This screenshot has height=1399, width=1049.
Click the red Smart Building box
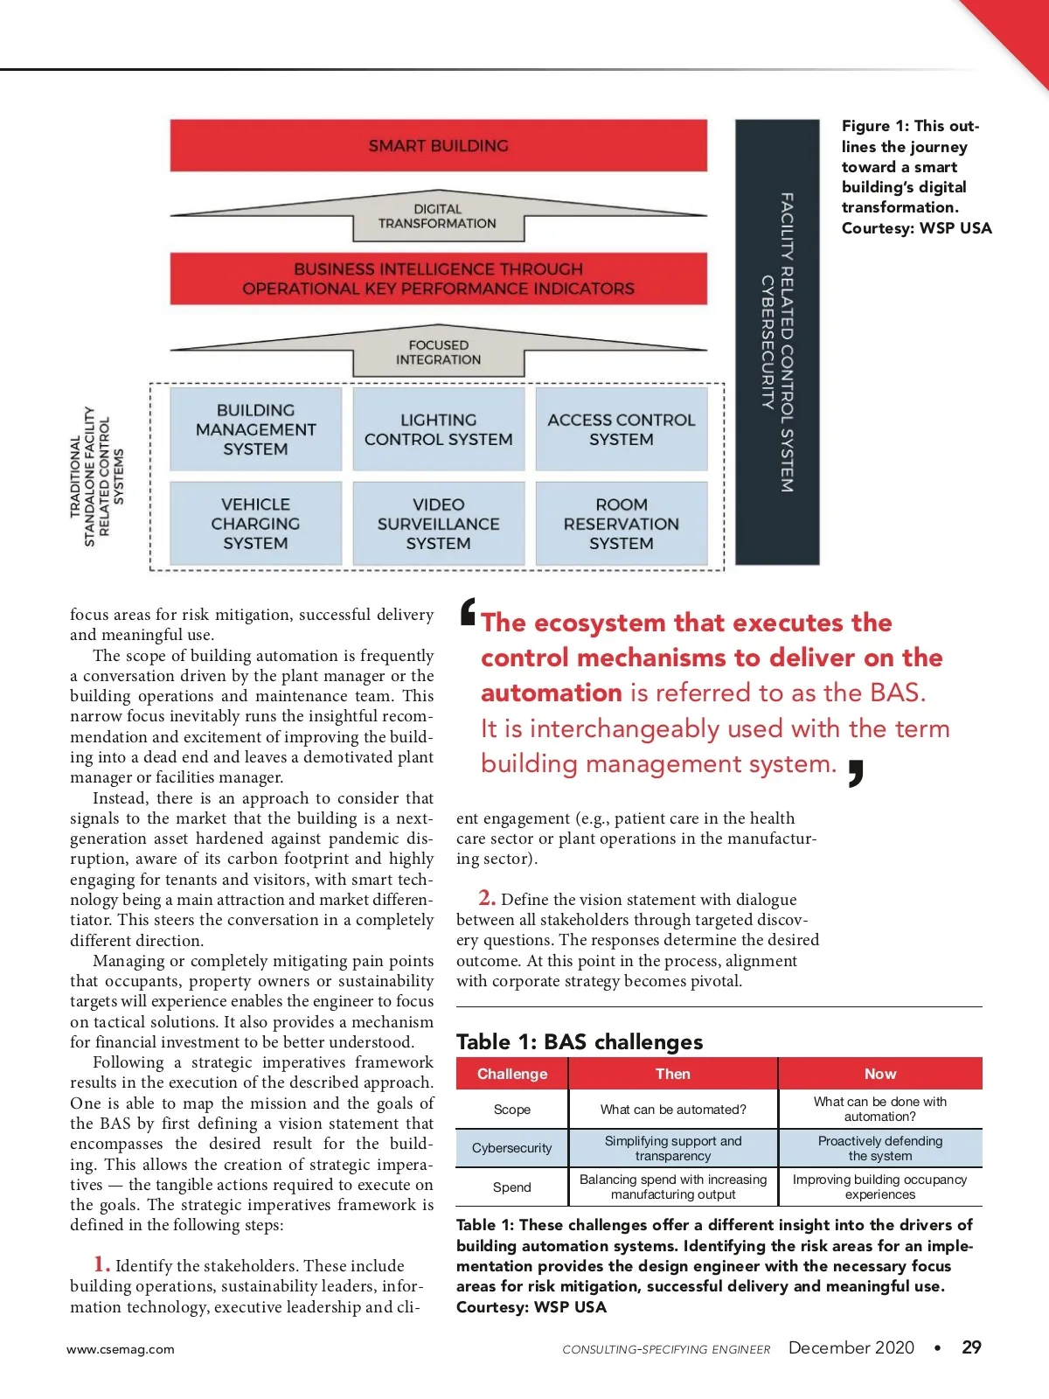(x=438, y=146)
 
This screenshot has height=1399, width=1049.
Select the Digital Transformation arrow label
(x=437, y=217)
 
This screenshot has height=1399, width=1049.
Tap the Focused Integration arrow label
(x=438, y=352)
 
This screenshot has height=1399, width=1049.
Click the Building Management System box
(x=255, y=429)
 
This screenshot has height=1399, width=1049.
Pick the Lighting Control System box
(x=438, y=429)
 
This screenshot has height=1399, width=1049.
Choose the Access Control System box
(x=621, y=429)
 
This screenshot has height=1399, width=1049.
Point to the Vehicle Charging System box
(x=255, y=524)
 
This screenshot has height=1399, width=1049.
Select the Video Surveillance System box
(x=438, y=524)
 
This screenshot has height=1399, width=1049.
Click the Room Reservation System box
(x=621, y=524)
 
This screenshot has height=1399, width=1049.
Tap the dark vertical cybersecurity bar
(x=777, y=342)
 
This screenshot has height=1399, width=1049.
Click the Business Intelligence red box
(x=438, y=279)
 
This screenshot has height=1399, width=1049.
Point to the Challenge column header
(x=512, y=1074)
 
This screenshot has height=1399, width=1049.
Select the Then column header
(x=673, y=1074)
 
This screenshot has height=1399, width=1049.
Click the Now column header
(x=880, y=1074)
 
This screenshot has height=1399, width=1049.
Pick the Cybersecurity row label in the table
(x=512, y=1148)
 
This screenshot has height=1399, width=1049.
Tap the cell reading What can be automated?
(x=673, y=1110)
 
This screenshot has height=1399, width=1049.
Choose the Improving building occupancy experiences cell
(x=880, y=1187)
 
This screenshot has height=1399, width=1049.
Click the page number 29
(x=971, y=1347)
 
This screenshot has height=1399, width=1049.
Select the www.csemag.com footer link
(x=121, y=1349)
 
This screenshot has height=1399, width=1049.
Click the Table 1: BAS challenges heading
(x=580, y=1041)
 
